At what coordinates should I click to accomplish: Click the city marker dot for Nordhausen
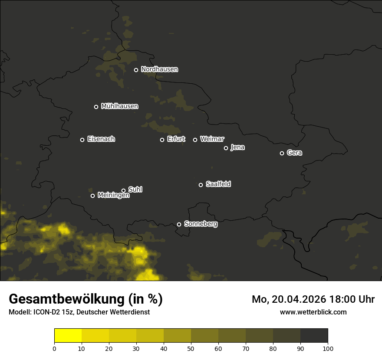pyautogui.click(x=136, y=70)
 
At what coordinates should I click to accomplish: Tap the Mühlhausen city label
pyautogui.click(x=119, y=106)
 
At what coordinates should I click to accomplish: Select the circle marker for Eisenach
pyautogui.click(x=82, y=140)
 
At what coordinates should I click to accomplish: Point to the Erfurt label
pyautogui.click(x=176, y=139)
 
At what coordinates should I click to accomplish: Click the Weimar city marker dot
pyautogui.click(x=195, y=140)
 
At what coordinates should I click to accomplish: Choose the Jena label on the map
pyautogui.click(x=237, y=147)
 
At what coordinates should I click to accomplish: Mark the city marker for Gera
pyautogui.click(x=282, y=153)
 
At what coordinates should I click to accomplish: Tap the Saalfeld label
pyautogui.click(x=218, y=184)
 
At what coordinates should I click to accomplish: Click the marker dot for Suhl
pyautogui.click(x=123, y=190)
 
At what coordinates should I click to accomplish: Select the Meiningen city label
pyautogui.click(x=113, y=196)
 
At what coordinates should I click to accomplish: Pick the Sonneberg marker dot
pyautogui.click(x=179, y=224)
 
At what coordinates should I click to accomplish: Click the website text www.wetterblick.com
pyautogui.click(x=313, y=312)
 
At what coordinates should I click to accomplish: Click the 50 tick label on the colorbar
pyautogui.click(x=191, y=348)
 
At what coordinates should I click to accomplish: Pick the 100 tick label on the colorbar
pyautogui.click(x=328, y=348)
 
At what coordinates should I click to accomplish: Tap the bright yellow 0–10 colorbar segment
pyautogui.click(x=68, y=336)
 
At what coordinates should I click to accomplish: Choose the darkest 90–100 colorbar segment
pyautogui.click(x=314, y=336)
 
